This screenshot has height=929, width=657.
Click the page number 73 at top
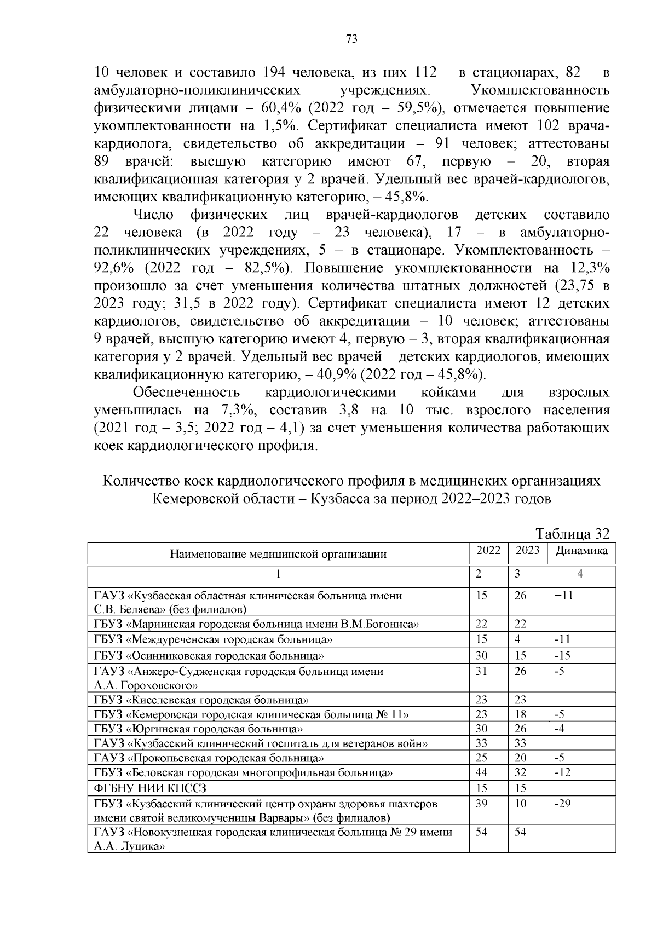[351, 39]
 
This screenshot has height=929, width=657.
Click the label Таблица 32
[572, 534]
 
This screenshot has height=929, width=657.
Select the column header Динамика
[581, 551]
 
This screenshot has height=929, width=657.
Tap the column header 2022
[488, 551]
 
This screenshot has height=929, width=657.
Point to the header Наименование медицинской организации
[278, 554]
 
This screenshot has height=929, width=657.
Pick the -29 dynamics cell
[563, 804]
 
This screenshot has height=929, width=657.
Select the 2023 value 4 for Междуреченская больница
[517, 639]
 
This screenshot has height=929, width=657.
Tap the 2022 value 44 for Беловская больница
[481, 772]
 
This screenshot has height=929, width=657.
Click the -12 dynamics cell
[562, 772]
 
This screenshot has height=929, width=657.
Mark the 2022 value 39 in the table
[481, 804]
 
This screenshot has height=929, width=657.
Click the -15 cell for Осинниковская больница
[562, 655]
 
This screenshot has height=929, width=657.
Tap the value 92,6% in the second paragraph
[114, 268]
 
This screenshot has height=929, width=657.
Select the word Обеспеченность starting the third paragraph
[187, 393]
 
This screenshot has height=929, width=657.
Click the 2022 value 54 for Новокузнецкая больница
[481, 832]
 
